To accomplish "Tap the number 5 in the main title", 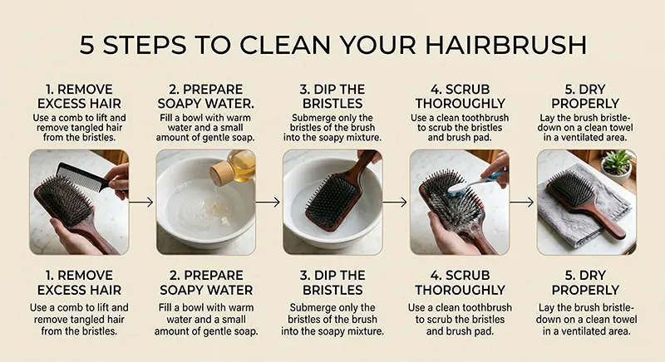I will (x=87, y=44).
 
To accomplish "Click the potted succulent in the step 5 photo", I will (x=617, y=162).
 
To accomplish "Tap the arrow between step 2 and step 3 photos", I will (x=268, y=201).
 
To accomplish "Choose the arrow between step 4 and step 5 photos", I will (x=521, y=201).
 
